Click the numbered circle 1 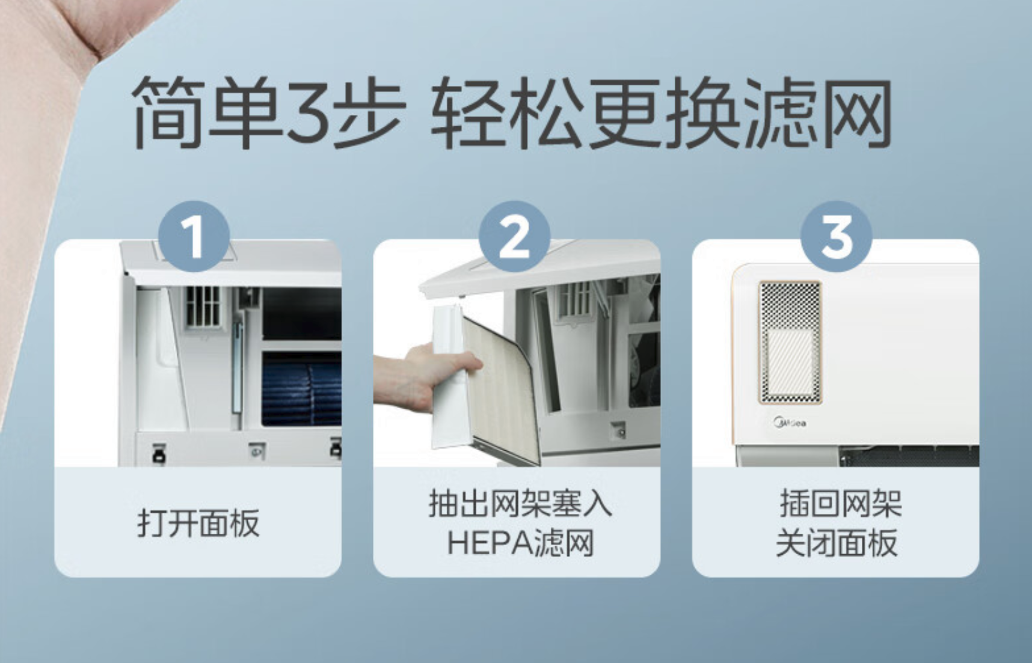tap(194, 236)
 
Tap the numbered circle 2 tap(515, 236)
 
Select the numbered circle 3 tap(837, 236)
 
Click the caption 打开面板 tap(198, 523)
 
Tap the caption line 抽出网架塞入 tap(520, 504)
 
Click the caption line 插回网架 tap(841, 504)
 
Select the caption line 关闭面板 tap(837, 543)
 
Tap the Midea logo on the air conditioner tap(790, 423)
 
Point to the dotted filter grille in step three tap(790, 341)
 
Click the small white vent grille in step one tap(203, 307)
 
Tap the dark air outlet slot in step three tap(909, 457)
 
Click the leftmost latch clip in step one tap(159, 453)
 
